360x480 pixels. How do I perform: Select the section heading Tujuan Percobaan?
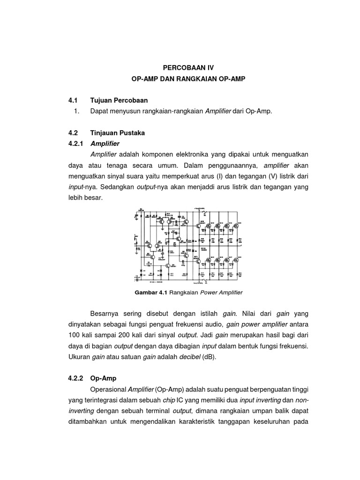(119, 100)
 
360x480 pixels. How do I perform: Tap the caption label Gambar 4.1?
(150, 292)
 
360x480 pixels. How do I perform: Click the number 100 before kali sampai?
(75, 335)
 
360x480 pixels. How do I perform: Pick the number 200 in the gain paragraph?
(128, 335)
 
